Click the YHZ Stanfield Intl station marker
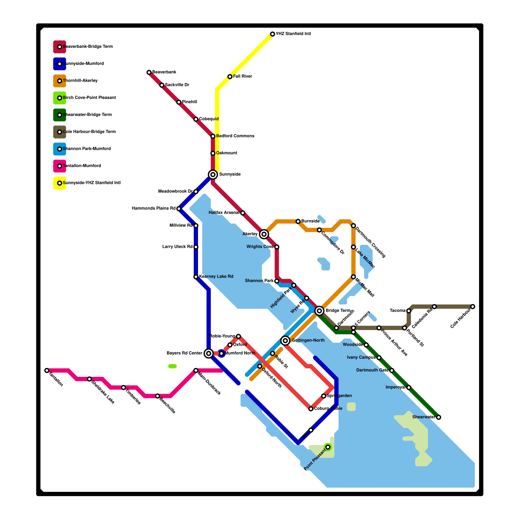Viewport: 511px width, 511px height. tap(272, 34)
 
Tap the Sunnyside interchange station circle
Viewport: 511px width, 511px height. tap(213, 174)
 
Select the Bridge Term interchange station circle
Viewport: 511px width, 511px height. tap(319, 310)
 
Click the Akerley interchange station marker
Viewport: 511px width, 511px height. tap(264, 234)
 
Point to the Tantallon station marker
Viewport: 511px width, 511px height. tap(47, 370)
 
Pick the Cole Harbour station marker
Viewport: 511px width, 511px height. tap(473, 307)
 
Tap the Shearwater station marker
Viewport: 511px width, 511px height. tap(439, 417)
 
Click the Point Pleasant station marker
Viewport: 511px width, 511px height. tap(328, 447)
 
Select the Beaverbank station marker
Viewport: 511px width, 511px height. tap(149, 72)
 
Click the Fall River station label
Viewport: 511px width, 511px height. tap(243, 77)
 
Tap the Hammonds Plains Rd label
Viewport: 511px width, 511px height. tap(154, 209)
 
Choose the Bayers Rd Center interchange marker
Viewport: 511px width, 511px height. tap(209, 353)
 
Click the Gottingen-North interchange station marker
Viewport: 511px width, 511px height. tap(286, 341)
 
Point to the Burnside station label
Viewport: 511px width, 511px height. tap(310, 221)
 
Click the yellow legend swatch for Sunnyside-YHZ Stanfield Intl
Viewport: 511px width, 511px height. tap(59, 183)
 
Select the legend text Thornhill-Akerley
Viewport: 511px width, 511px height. tap(80, 81)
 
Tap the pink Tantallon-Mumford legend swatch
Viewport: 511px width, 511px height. tap(59, 166)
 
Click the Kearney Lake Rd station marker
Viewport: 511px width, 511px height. tap(196, 277)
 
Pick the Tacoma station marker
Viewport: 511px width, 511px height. tap(409, 311)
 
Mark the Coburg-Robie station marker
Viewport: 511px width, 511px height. tap(311, 409)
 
